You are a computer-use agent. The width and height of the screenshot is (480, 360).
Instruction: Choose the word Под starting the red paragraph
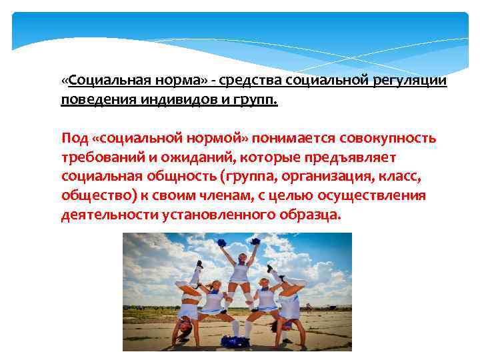74,139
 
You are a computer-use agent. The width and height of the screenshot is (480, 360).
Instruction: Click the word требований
100,158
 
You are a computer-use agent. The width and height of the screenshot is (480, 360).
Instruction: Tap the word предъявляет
357,158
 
